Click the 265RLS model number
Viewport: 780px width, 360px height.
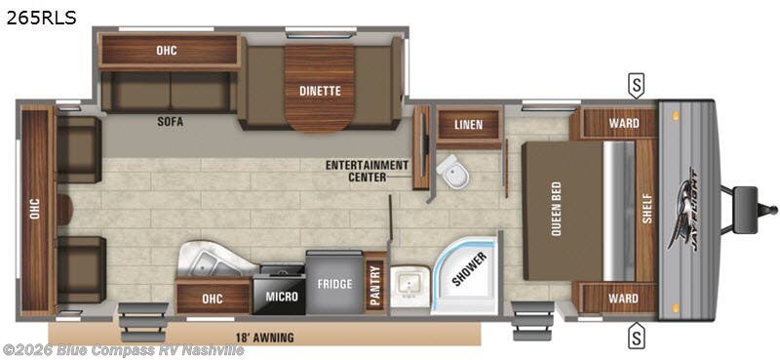point(41,18)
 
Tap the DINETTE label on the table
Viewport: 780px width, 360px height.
point(320,91)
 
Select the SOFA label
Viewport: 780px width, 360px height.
point(170,121)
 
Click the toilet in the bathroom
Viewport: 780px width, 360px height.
point(452,171)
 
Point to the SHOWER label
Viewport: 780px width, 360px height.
point(469,269)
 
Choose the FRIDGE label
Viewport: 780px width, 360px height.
point(334,284)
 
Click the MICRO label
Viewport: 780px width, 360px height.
point(282,297)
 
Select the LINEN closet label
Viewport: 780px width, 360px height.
point(468,124)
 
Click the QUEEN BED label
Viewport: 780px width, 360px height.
point(556,210)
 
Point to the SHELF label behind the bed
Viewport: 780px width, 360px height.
point(646,208)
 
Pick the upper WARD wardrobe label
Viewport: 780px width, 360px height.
point(624,123)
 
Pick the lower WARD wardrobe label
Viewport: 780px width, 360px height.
point(623,299)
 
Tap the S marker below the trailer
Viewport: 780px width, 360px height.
point(636,331)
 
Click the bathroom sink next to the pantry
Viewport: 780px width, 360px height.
point(409,286)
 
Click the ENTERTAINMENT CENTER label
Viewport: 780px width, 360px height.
point(368,171)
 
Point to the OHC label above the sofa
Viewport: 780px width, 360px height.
point(167,51)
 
